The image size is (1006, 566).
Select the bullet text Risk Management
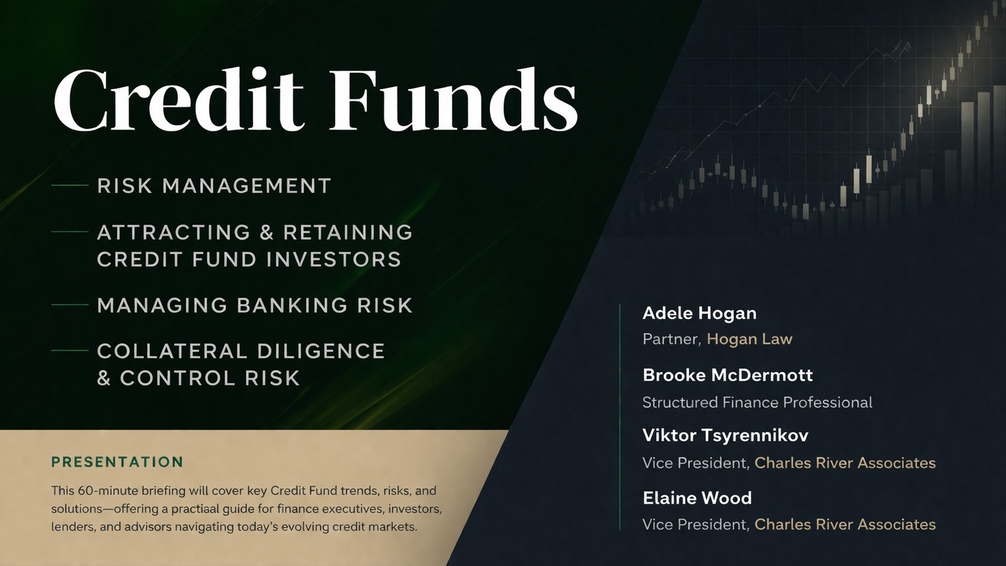point(214,186)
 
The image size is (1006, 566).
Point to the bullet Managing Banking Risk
point(255,305)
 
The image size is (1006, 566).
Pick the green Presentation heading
point(117,462)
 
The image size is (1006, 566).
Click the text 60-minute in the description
point(106,491)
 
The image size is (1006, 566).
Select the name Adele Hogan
point(700,313)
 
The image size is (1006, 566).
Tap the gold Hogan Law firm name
point(750,339)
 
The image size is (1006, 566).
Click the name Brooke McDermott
point(728,375)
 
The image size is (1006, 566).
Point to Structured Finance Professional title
point(757,402)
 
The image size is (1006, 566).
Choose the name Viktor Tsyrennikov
point(725,435)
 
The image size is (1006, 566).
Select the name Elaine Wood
point(697,498)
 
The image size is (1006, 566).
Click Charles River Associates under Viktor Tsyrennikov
point(845,463)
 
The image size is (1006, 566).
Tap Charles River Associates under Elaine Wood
point(845,524)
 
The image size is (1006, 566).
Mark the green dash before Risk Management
point(70,186)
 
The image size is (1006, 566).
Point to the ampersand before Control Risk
point(104,379)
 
